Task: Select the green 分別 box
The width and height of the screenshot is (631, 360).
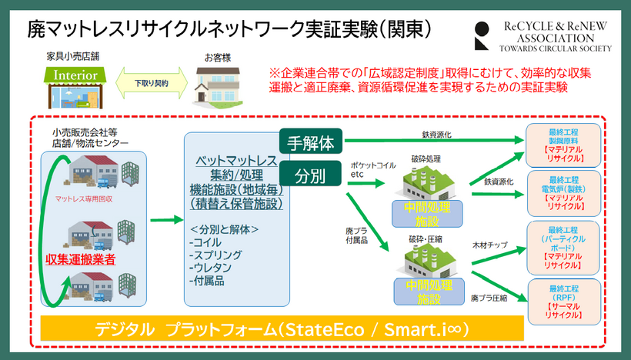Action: [311, 174]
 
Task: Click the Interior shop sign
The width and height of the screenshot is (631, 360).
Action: [74, 75]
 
